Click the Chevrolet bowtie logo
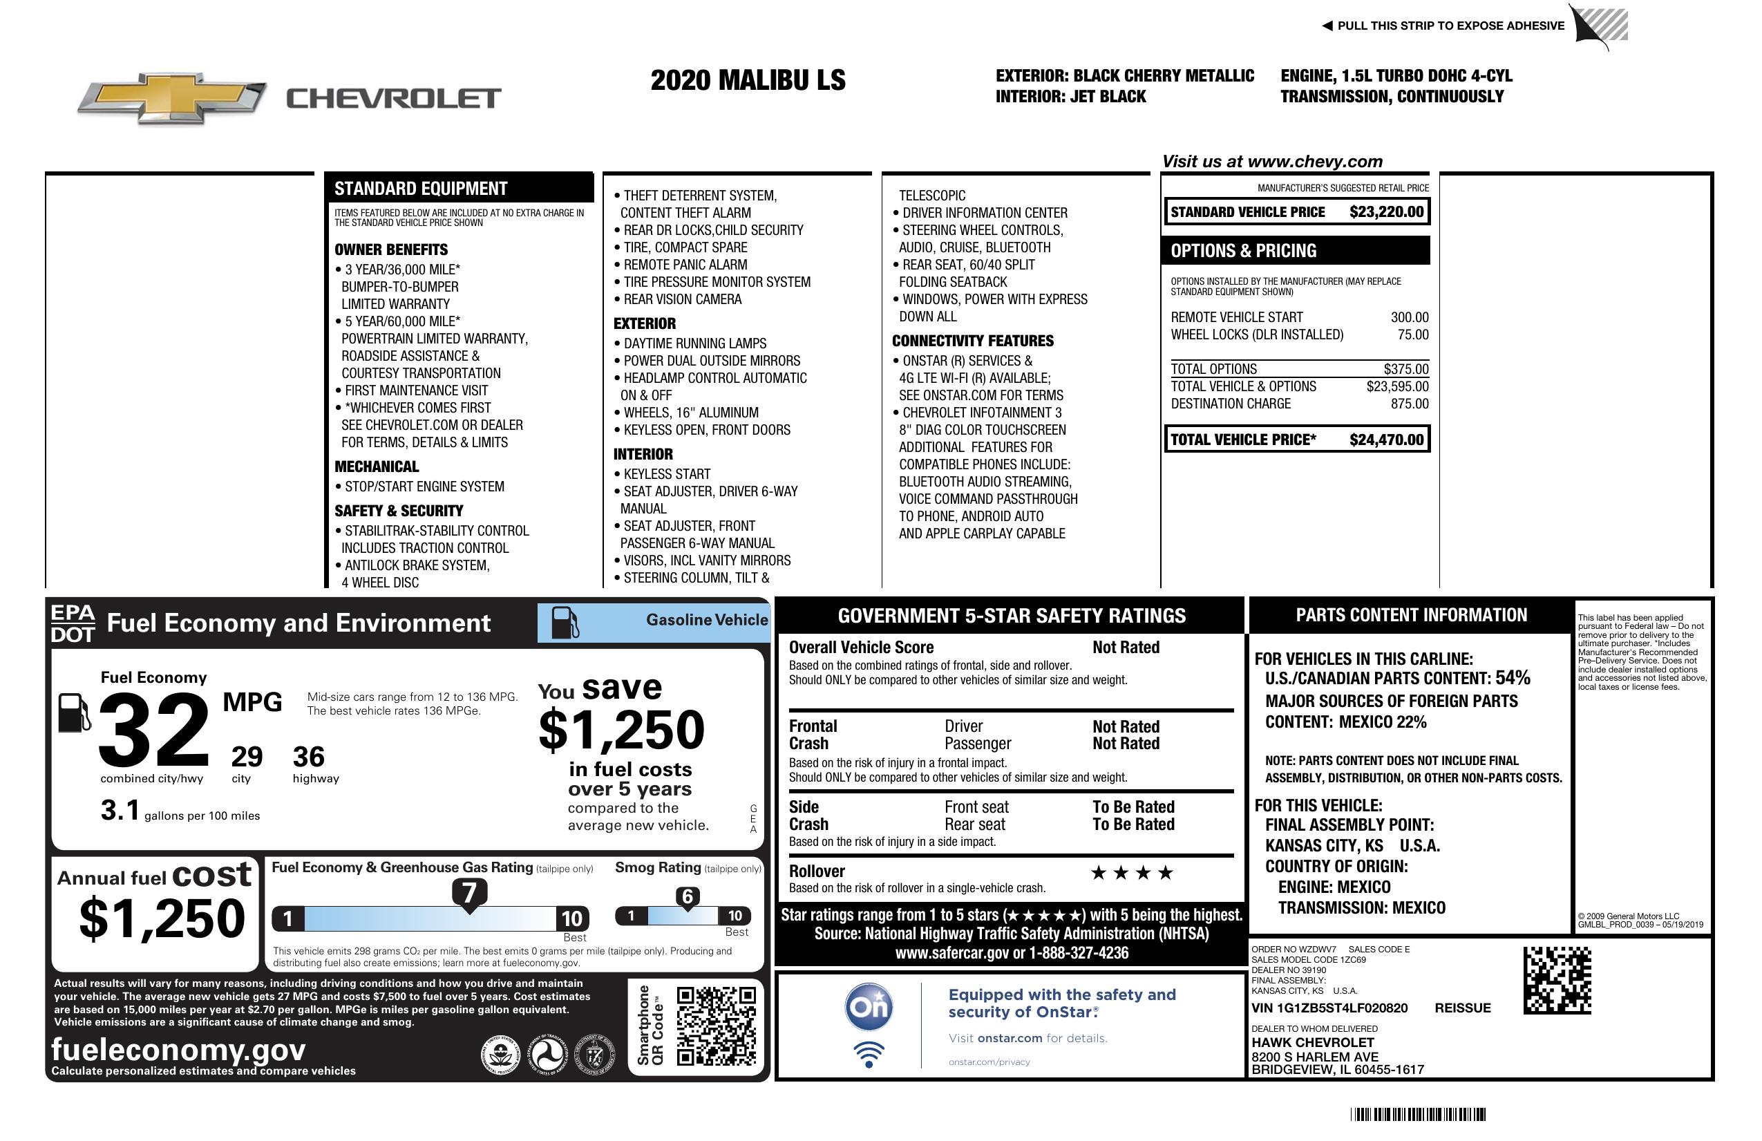(172, 97)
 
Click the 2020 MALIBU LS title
(748, 80)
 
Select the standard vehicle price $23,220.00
(1386, 211)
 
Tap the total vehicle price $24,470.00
(1386, 440)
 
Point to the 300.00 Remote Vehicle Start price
(1409, 317)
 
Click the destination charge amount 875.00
(1409, 404)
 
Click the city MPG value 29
(247, 756)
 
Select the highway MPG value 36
(309, 756)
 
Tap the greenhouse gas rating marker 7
(469, 893)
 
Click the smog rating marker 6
(687, 896)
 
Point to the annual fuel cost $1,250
(162, 918)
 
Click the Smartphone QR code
(716, 1026)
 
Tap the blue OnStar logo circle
(869, 1006)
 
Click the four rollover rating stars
(1132, 873)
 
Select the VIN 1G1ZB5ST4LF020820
(1329, 1008)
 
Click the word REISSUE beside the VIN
(1462, 1008)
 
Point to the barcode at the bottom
(1418, 1114)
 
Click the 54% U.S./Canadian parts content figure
(1513, 677)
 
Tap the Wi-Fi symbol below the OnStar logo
(869, 1054)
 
